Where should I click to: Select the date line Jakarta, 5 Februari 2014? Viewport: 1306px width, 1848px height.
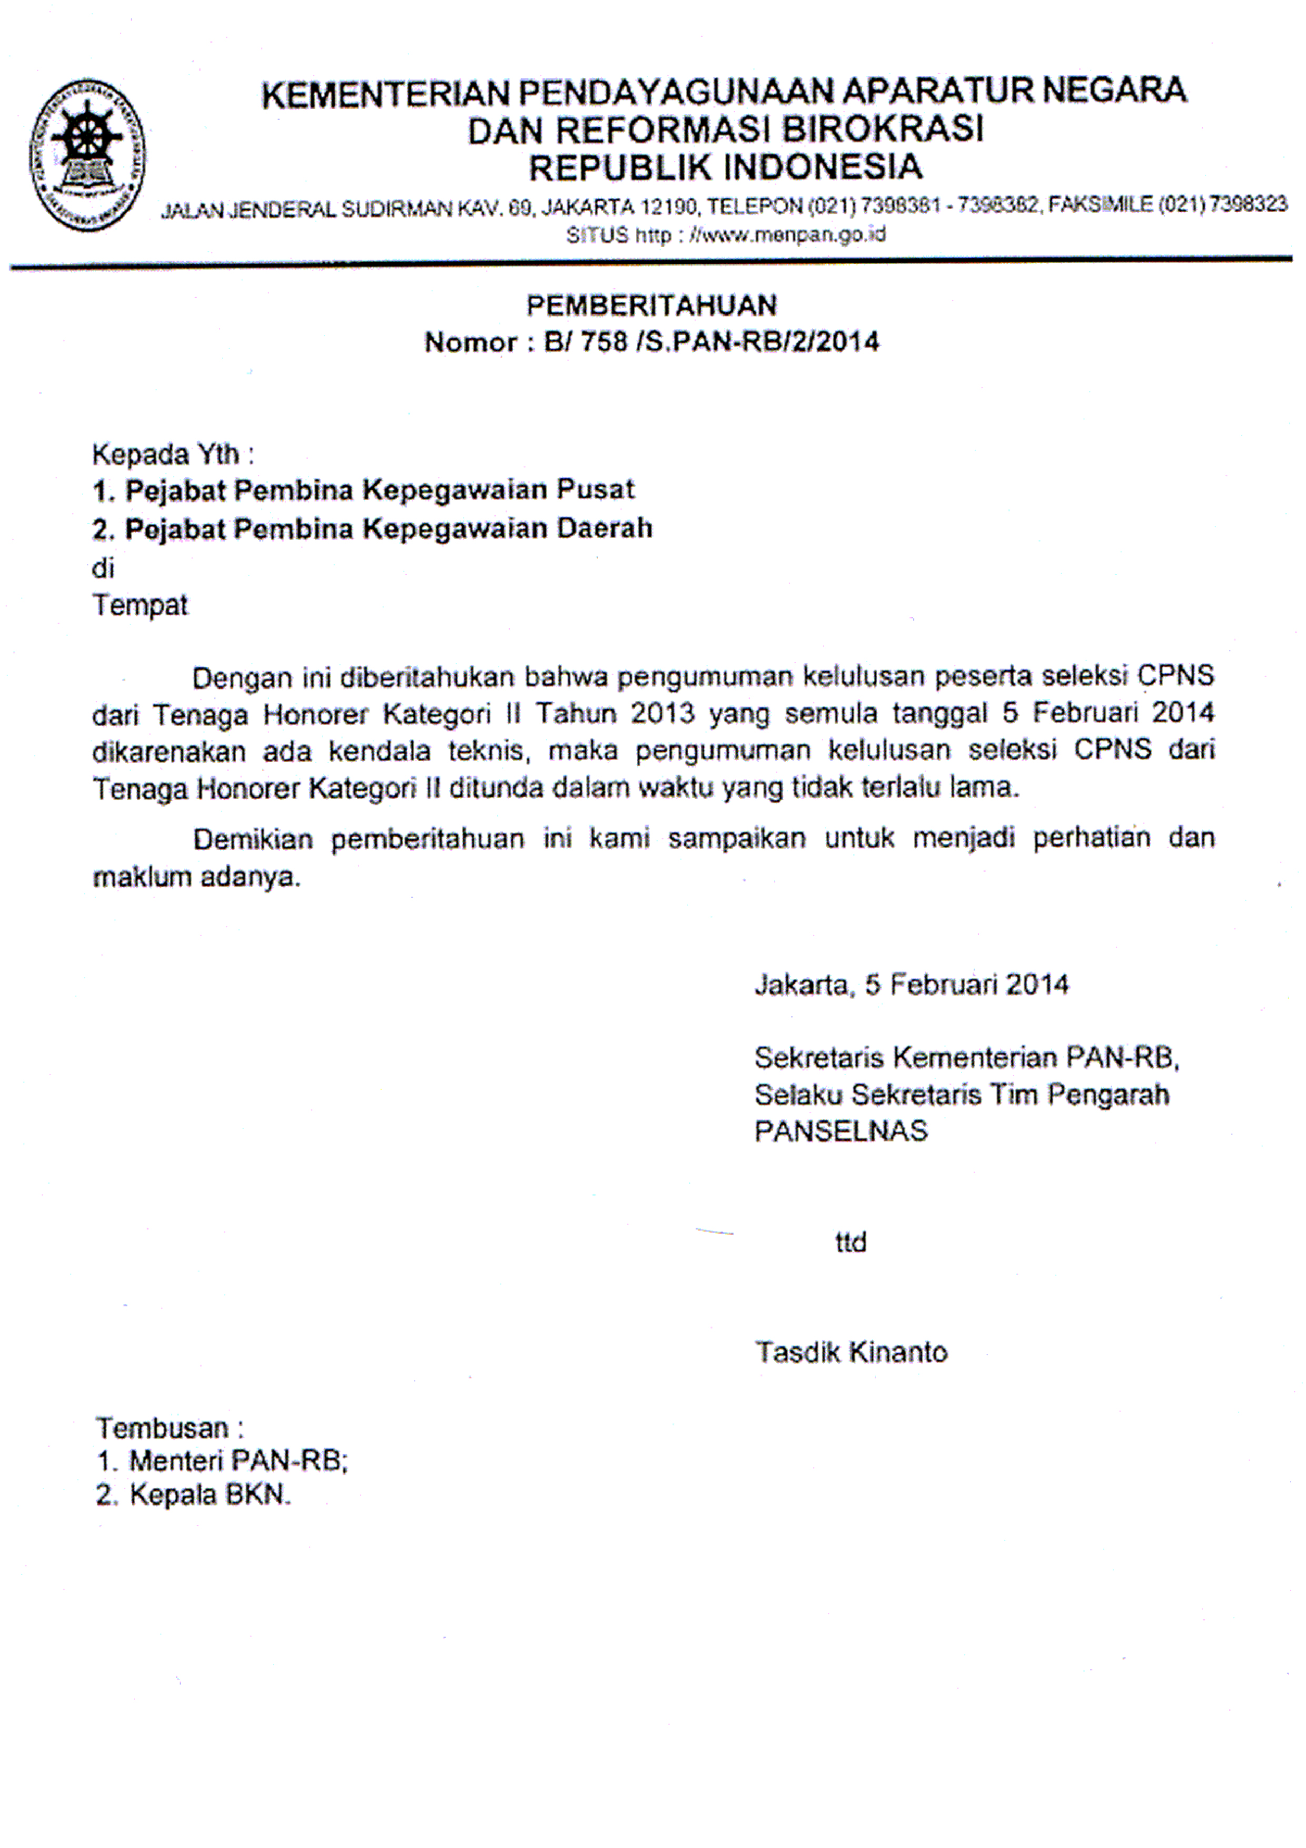(911, 985)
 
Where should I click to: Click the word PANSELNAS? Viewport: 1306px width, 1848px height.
(841, 1131)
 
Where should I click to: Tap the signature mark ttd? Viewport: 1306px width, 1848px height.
(850, 1243)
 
